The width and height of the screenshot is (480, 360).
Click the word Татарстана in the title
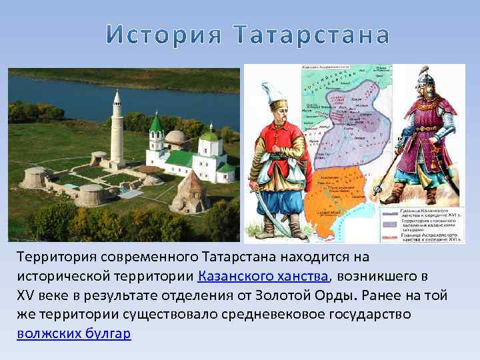click(x=313, y=36)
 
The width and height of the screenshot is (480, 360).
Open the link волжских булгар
click(x=74, y=333)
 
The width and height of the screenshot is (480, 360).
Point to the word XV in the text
click(x=28, y=295)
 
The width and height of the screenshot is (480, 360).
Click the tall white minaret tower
click(x=117, y=127)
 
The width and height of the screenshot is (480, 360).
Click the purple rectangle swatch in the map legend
click(x=389, y=225)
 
